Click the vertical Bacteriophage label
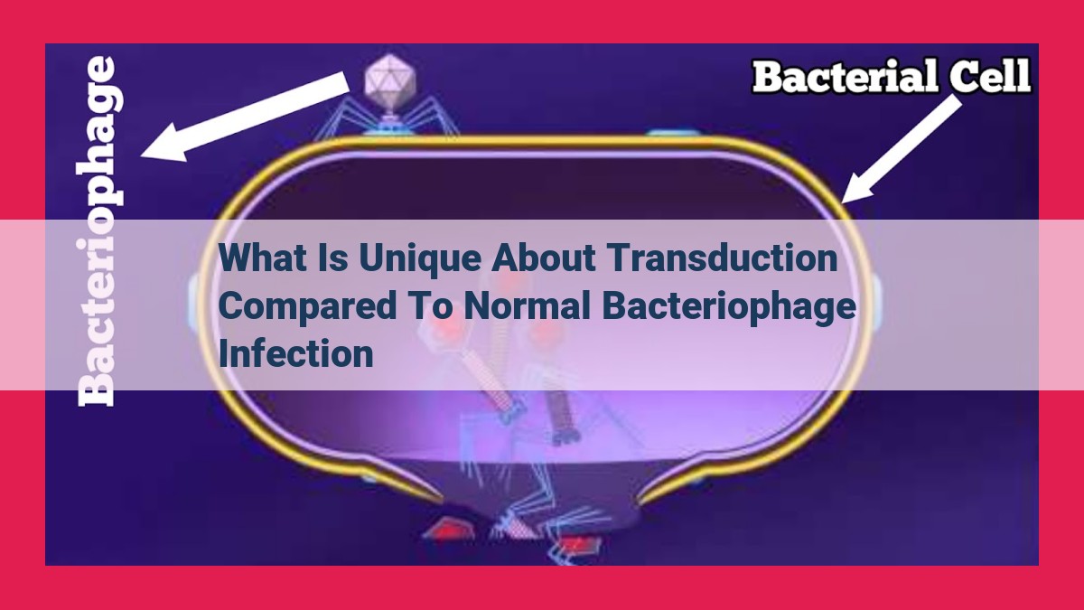[x=99, y=231]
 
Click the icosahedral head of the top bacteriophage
[x=389, y=83]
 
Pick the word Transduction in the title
[x=722, y=258]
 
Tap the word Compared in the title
[x=307, y=308]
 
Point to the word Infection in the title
[x=295, y=354]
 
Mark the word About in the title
[x=544, y=258]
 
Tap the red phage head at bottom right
[x=579, y=548]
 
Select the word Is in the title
[x=334, y=258]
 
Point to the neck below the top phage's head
[x=389, y=120]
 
